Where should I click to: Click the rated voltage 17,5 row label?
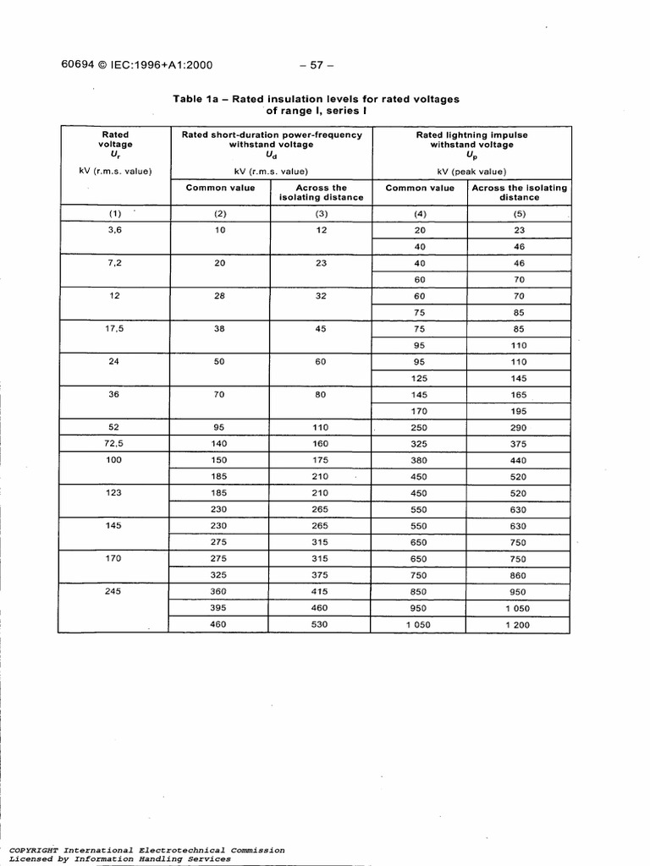click(115, 329)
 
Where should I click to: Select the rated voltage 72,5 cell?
click(115, 444)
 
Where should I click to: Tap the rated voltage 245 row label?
click(115, 592)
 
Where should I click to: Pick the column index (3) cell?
click(321, 214)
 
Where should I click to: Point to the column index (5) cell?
click(519, 214)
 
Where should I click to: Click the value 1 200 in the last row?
click(519, 625)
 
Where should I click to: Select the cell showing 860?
click(519, 575)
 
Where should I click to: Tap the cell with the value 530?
click(321, 625)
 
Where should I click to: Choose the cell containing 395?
click(220, 608)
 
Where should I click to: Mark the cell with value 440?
click(519, 461)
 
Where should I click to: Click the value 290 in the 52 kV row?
click(519, 428)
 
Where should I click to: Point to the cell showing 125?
click(419, 378)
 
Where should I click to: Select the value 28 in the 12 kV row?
click(220, 296)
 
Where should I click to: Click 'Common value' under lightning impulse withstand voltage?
click(420, 188)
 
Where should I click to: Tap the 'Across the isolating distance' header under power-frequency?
click(321, 193)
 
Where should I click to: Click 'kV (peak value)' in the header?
click(471, 172)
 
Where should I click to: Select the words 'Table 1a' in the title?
click(196, 99)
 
